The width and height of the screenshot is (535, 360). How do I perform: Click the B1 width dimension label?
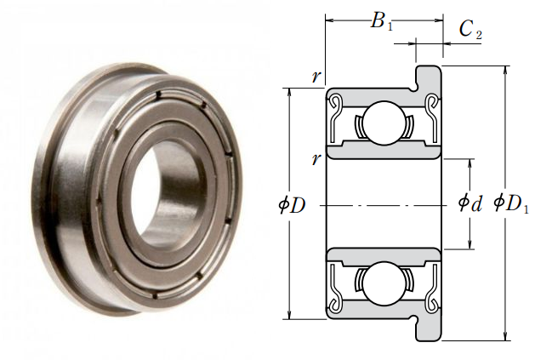(381, 21)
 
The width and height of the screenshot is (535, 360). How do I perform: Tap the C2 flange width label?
(470, 30)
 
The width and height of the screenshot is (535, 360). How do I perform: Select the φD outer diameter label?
(292, 205)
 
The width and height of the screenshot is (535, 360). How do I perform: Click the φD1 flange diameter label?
(511, 203)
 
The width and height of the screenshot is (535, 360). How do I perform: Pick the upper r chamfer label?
(316, 76)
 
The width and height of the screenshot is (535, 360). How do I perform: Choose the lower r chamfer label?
(316, 159)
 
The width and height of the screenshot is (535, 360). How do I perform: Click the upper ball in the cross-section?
(383, 123)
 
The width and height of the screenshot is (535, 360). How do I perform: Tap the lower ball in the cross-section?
(383, 283)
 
